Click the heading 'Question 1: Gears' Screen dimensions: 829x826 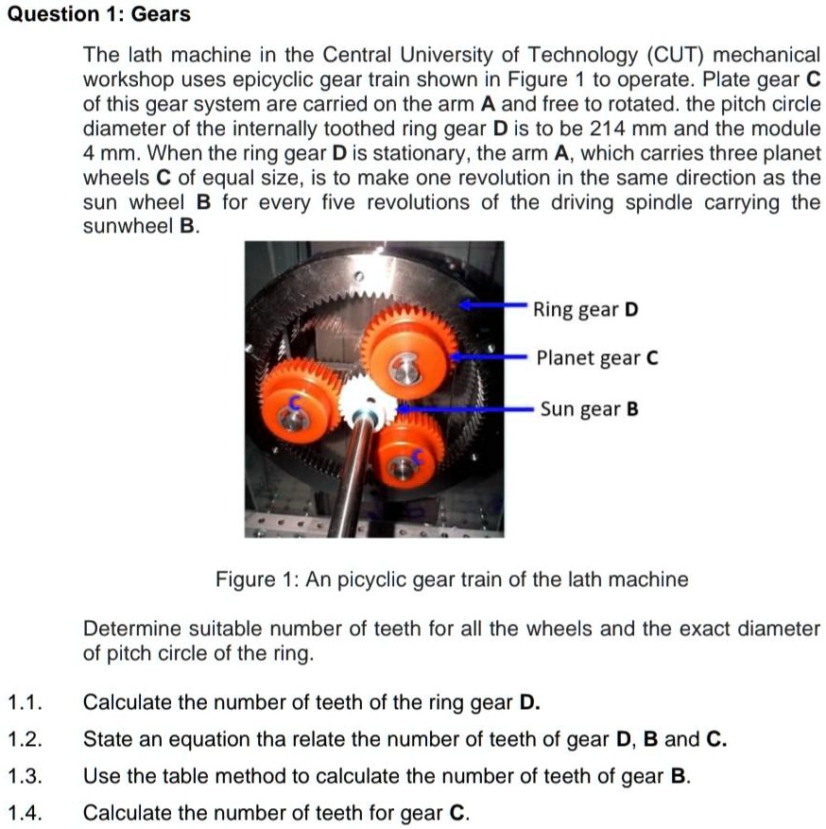point(95,14)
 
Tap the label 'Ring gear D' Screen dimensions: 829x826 point(586,309)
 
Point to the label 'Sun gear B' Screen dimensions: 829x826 point(590,409)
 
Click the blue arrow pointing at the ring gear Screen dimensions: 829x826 point(491,305)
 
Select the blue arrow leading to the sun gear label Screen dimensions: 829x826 point(463,410)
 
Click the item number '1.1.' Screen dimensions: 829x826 point(26,702)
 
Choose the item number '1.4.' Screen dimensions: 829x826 point(26,813)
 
